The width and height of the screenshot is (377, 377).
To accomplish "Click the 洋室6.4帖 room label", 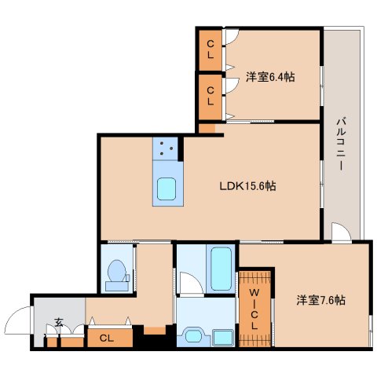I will coord(271,76).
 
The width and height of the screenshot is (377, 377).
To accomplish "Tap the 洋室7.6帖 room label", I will coord(321,300).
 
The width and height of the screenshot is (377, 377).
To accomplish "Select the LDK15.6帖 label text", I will coord(247,186).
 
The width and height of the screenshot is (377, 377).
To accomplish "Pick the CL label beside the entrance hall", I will coord(104,338).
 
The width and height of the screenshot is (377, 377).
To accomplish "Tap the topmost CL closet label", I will coord(210,50).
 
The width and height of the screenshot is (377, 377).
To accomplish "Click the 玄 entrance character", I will coord(59,323).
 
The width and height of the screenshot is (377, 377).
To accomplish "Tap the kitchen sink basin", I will coord(167,188).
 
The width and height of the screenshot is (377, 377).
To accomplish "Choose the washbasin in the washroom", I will coord(193,337).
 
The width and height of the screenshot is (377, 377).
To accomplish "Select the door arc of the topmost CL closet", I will coord(232,36).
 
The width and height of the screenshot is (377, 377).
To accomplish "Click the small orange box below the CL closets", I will coord(207,127).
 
